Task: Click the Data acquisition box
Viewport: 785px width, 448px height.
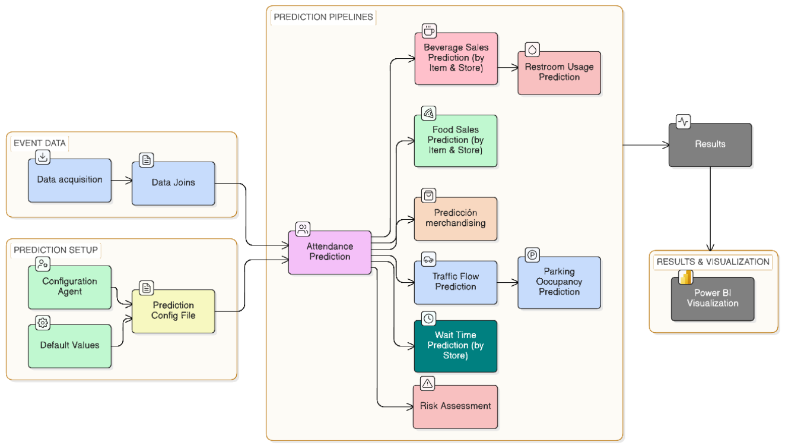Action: (70, 180)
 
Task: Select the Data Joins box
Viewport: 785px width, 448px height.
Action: (173, 183)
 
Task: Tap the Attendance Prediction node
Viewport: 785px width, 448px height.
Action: (330, 253)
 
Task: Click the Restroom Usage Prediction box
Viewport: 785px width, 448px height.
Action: (560, 73)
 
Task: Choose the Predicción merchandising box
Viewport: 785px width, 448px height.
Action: (456, 219)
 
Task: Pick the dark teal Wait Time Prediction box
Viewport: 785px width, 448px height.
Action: (456, 346)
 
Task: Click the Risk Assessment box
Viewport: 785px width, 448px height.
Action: (455, 406)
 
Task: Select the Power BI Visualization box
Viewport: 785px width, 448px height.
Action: (713, 299)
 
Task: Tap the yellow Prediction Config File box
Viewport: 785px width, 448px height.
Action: (173, 311)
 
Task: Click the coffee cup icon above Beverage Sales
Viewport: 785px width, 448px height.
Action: (429, 31)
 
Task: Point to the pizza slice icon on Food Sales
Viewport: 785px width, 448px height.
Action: (428, 113)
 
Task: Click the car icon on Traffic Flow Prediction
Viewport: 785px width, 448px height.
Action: (428, 259)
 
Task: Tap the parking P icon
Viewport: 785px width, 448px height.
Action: (532, 255)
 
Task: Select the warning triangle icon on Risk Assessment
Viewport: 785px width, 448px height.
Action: (428, 383)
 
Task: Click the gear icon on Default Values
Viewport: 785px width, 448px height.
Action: (43, 323)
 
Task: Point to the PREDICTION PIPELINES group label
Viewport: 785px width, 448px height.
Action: (323, 17)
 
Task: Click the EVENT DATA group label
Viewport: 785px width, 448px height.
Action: (40, 143)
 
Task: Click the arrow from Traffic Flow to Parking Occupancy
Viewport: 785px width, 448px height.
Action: (508, 282)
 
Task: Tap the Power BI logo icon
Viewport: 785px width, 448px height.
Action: (685, 277)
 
